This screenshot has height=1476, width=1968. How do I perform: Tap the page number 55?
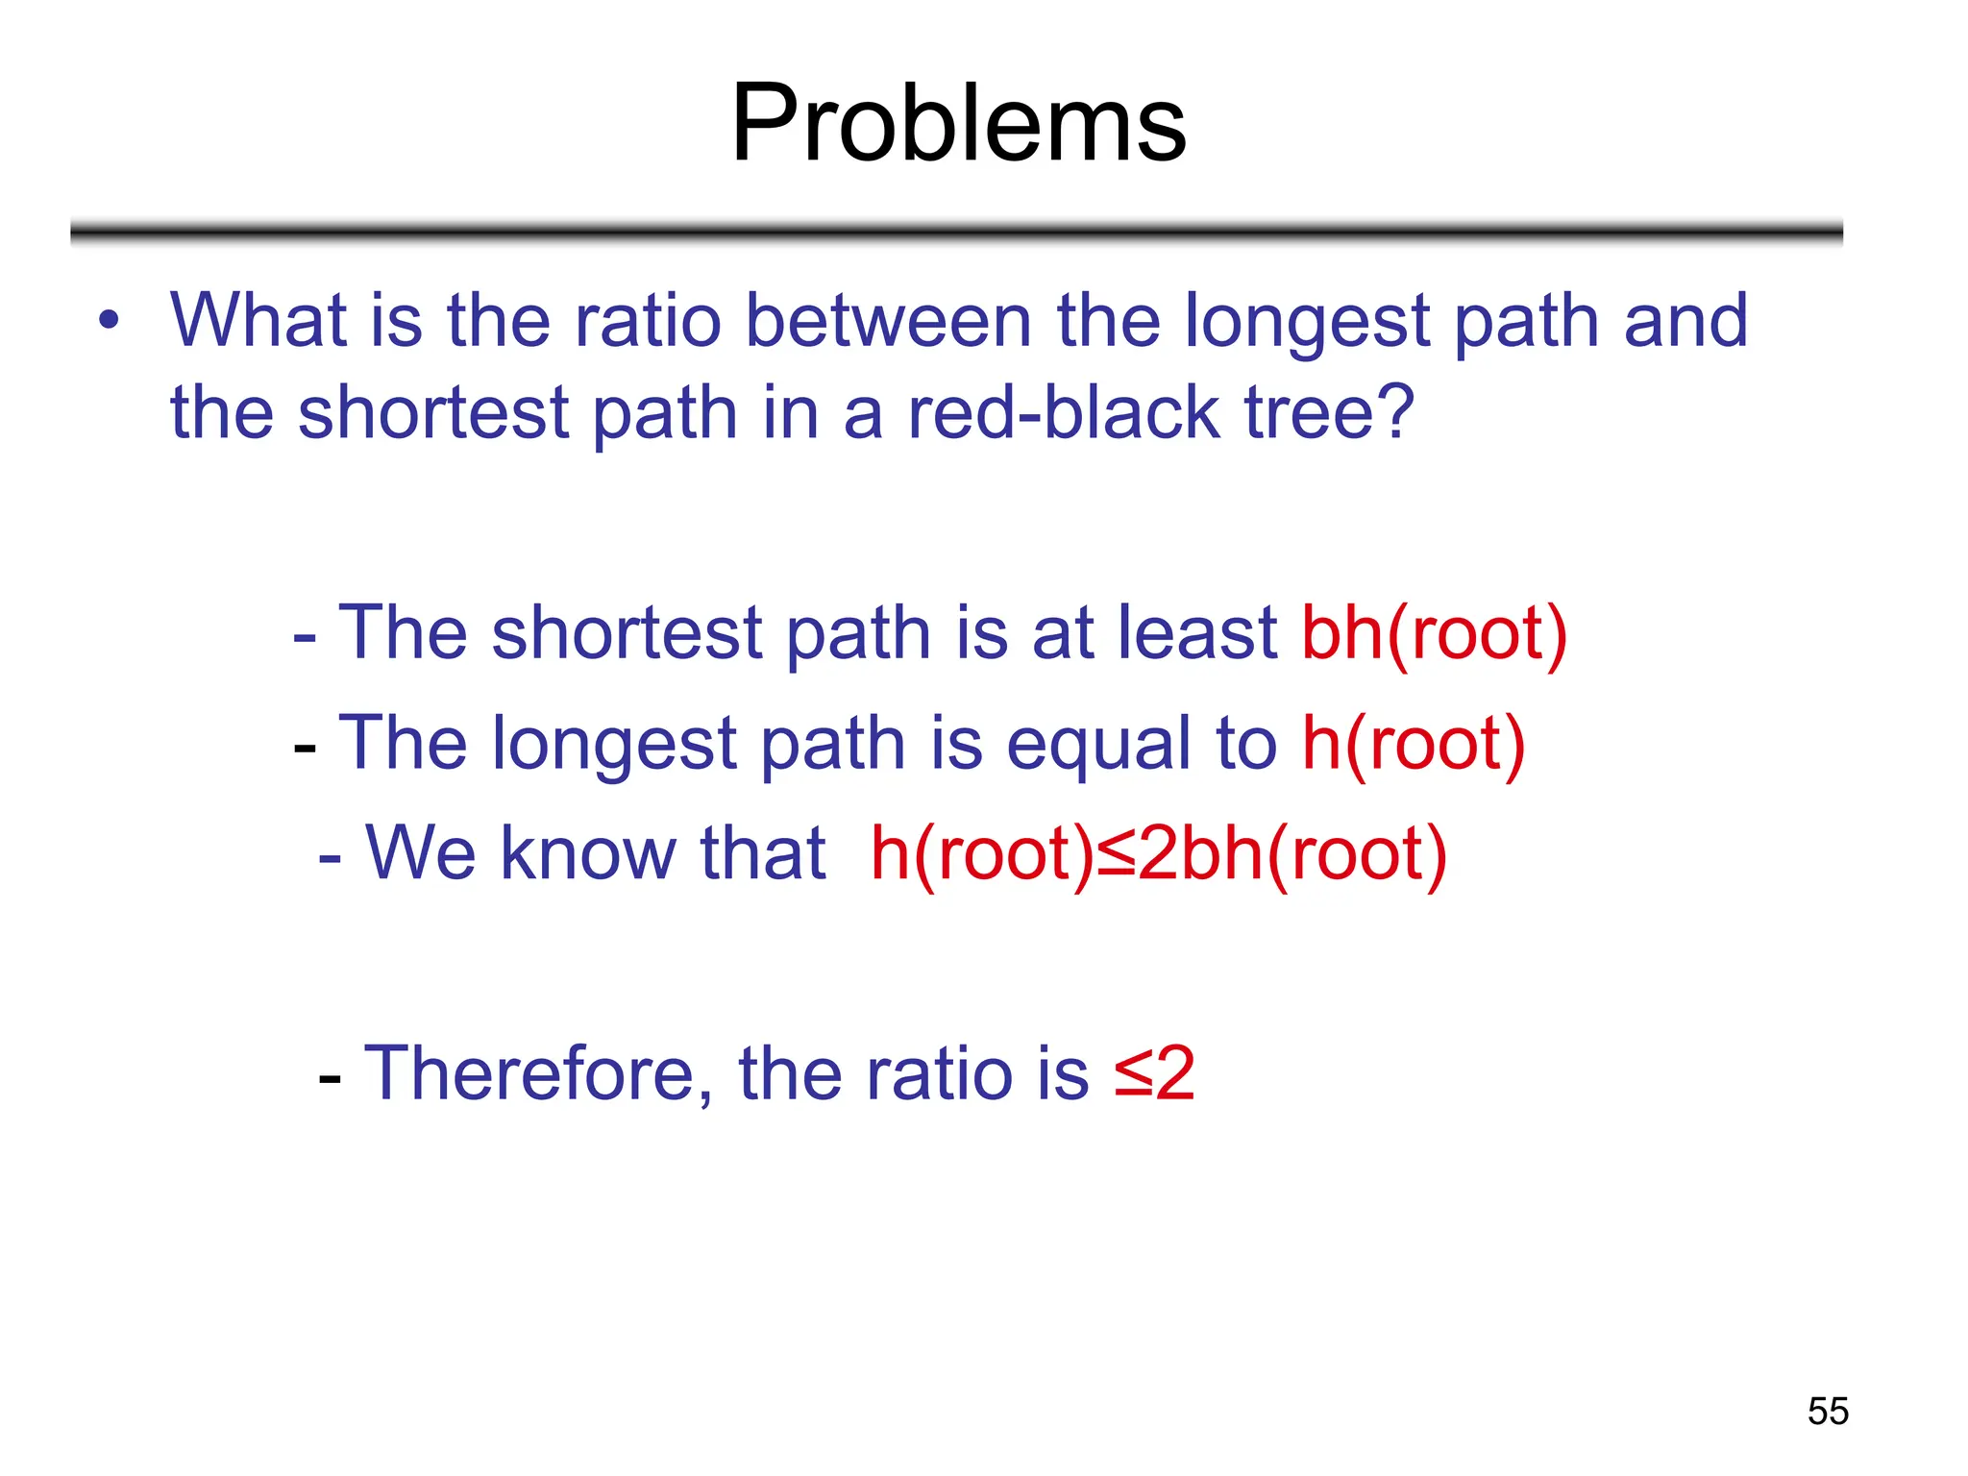tap(1827, 1411)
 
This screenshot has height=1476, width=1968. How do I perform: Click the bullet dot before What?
tap(110, 320)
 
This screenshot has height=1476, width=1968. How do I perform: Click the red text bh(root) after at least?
tap(1434, 633)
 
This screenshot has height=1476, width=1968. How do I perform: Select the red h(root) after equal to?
tap(1413, 744)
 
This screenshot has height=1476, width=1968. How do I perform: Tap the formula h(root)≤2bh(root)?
tap(1158, 853)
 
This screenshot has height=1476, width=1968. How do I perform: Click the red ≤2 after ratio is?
tap(1154, 1073)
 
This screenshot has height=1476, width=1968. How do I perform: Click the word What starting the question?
tap(258, 321)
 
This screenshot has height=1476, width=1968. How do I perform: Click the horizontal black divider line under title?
tap(956, 232)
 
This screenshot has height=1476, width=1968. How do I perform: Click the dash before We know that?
tap(330, 856)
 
